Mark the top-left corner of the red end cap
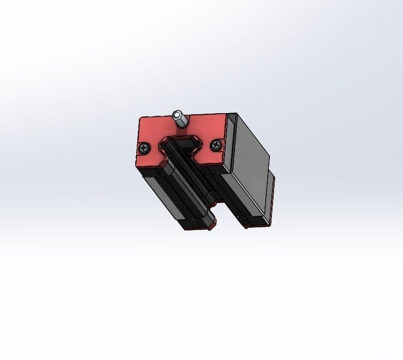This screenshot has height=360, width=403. click(x=140, y=118)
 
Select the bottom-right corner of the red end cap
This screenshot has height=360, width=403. click(x=224, y=161)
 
